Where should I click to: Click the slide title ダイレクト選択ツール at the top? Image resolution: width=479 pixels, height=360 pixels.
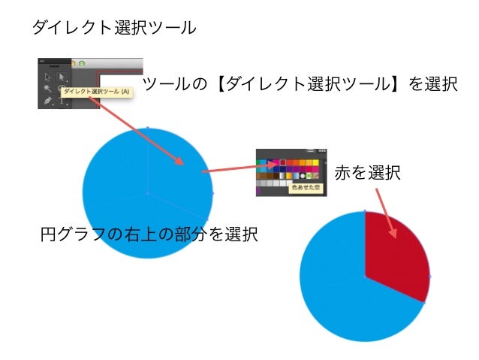[113, 29]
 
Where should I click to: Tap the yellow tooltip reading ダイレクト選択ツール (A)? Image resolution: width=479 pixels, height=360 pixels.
[97, 92]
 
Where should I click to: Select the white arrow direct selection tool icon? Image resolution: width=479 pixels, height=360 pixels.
[62, 77]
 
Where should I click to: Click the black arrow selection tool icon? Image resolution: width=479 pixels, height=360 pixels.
[47, 77]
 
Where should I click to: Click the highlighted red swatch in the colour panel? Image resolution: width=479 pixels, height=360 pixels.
[283, 161]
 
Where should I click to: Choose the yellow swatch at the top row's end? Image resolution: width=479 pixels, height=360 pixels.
[321, 161]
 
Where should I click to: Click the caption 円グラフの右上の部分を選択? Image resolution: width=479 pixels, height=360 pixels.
[149, 234]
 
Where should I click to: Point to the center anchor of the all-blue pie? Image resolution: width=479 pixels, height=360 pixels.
[147, 194]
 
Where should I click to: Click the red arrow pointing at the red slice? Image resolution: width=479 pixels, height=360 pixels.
[385, 213]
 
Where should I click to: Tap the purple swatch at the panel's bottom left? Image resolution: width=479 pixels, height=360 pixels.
[260, 192]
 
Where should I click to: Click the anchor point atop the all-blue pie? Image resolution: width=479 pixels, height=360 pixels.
[147, 128]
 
